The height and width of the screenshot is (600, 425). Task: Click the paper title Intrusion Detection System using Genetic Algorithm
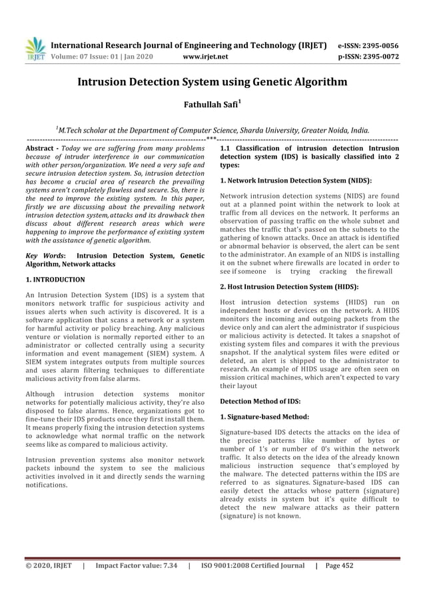tap(212, 83)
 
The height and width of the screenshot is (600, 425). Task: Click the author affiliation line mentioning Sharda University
tap(212, 131)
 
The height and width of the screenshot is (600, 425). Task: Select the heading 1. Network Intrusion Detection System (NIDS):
tap(295, 180)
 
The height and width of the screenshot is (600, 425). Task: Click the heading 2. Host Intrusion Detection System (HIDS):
tap(289, 286)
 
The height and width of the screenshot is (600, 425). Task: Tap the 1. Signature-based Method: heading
tap(264, 416)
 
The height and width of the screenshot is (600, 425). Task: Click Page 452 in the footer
tap(339, 567)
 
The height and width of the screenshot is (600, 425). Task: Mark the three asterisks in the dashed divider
tap(211, 139)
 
